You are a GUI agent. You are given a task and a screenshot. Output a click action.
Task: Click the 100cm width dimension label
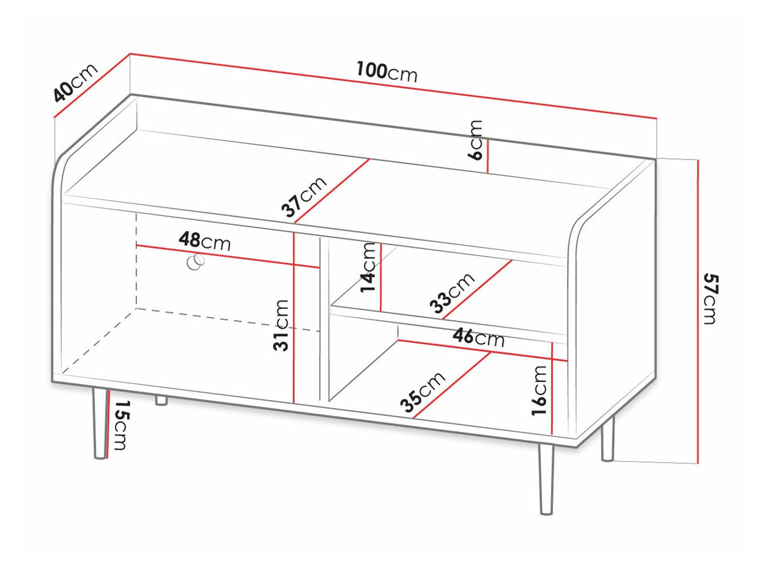[386, 72]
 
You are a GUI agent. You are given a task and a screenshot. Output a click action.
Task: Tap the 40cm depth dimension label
[75, 83]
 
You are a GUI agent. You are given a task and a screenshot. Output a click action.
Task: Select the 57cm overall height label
[710, 299]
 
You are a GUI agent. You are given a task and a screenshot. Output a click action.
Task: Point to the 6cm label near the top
[476, 140]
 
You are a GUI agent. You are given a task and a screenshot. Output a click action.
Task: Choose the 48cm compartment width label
[205, 241]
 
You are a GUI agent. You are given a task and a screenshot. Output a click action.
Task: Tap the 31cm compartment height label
[281, 325]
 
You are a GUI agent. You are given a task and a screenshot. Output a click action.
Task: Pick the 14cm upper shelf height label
[368, 267]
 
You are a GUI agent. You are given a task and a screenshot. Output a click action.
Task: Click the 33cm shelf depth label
[452, 293]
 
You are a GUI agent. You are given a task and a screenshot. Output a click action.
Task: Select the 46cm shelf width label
[478, 337]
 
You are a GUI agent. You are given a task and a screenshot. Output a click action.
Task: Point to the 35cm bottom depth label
[422, 392]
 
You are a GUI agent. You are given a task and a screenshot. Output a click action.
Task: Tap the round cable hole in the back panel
[196, 262]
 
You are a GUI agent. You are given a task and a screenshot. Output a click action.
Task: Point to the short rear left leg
[161, 400]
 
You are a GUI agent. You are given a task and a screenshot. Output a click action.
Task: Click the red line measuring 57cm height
[698, 310]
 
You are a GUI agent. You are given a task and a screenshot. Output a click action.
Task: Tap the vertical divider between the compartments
[324, 318]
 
